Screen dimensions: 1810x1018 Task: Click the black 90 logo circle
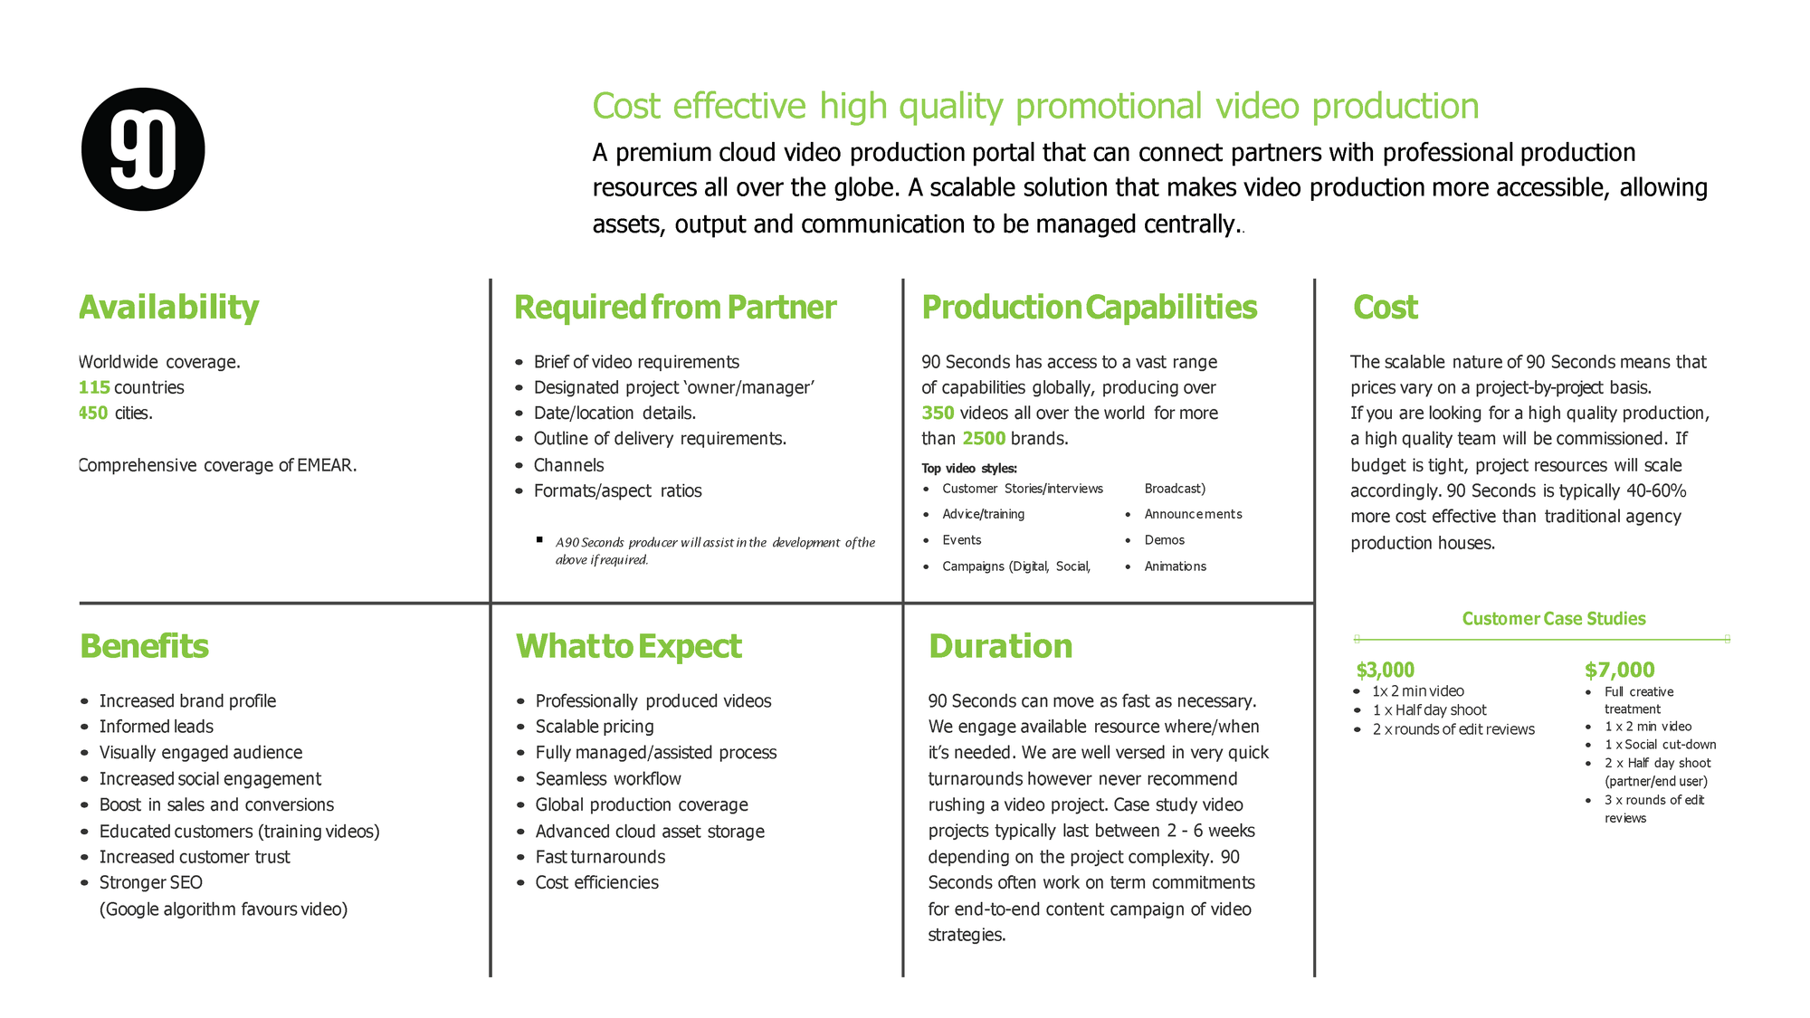tap(143, 149)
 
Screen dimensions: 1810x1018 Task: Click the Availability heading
tap(168, 308)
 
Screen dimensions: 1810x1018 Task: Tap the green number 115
tap(94, 387)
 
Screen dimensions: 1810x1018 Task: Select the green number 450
tap(93, 413)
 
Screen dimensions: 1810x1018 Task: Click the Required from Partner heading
tap(675, 308)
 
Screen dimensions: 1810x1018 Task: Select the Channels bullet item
tap(568, 465)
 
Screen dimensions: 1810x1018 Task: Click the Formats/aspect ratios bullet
tap(617, 490)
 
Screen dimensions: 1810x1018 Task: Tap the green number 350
tap(938, 413)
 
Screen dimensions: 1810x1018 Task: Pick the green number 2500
tap(984, 439)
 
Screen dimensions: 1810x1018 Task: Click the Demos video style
tap(1164, 540)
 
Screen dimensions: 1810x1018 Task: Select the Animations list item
tap(1175, 566)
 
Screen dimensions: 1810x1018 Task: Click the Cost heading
tap(1386, 308)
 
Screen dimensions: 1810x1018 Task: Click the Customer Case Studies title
tap(1554, 619)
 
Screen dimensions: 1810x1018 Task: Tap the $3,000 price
tap(1385, 670)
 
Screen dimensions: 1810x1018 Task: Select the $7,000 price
tap(1619, 670)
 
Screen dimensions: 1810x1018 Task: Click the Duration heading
tap(1000, 646)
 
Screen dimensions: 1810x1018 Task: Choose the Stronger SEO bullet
tap(150, 882)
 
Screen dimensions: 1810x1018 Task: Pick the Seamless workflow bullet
tap(608, 778)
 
